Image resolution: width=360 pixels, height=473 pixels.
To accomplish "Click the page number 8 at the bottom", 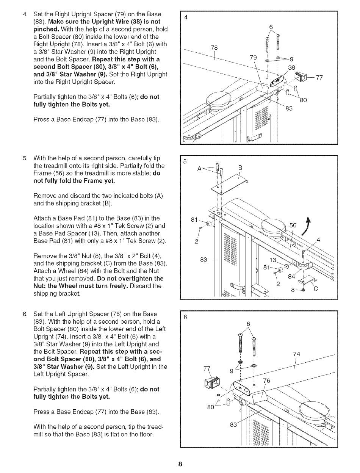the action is pyautogui.click(x=180, y=464).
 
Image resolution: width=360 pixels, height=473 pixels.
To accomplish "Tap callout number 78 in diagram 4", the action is pyautogui.click(x=214, y=48).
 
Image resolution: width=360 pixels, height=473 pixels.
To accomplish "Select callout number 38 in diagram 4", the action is pyautogui.click(x=291, y=67).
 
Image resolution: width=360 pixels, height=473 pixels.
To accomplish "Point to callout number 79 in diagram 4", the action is pyautogui.click(x=253, y=58).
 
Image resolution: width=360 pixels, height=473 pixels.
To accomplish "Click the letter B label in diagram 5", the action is pyautogui.click(x=240, y=168).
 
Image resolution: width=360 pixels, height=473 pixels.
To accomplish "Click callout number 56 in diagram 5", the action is pyautogui.click(x=293, y=226).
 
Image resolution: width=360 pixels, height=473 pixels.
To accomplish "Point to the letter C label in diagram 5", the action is pyautogui.click(x=316, y=289).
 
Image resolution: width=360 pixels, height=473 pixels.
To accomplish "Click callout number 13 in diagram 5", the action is pyautogui.click(x=273, y=260).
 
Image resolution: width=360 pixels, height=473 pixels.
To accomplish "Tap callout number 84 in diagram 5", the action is pyautogui.click(x=291, y=276).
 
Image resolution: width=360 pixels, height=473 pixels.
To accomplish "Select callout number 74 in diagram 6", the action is pyautogui.click(x=297, y=354).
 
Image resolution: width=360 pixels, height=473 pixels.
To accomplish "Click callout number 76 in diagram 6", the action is pyautogui.click(x=266, y=381).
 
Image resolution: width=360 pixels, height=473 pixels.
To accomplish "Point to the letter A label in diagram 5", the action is pyautogui.click(x=199, y=169).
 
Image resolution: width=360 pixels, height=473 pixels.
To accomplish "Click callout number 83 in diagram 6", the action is pyautogui.click(x=233, y=424).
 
